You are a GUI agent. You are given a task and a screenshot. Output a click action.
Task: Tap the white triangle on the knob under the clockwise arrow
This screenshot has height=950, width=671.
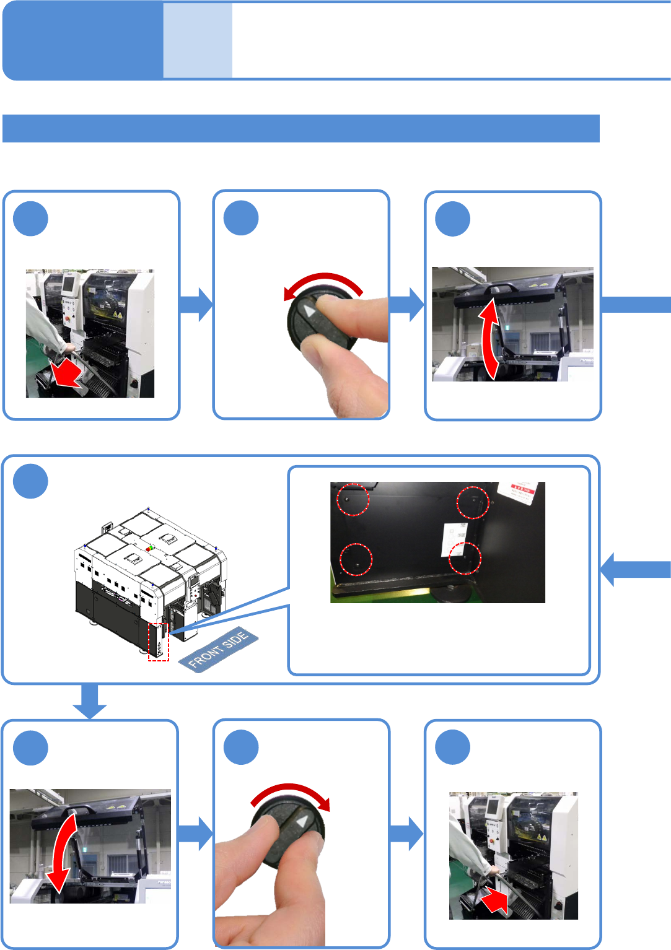302,822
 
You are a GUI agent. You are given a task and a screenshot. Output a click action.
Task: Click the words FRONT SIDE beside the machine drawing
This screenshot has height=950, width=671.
218,649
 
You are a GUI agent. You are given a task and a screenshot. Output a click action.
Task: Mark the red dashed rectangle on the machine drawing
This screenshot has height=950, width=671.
158,642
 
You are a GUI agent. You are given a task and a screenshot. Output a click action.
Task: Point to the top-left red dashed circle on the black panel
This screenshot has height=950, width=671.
353,499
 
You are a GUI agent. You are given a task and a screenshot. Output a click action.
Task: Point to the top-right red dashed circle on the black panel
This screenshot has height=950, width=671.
473,502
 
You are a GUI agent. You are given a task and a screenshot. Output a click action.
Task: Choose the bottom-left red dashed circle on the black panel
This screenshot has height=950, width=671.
356,559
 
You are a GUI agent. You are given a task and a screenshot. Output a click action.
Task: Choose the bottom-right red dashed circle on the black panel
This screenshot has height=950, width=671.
465,558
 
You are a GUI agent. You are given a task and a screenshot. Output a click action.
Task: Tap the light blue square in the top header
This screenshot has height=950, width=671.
198,41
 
